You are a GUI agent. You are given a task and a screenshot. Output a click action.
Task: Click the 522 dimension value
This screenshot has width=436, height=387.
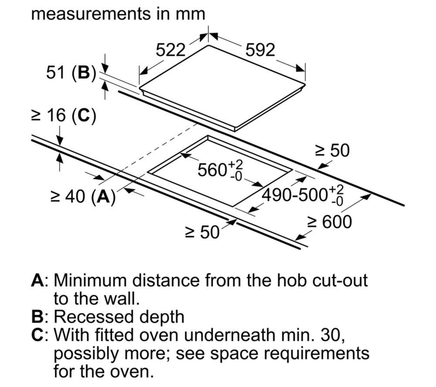170,50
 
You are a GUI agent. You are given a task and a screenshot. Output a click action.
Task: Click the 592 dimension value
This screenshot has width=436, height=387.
260,50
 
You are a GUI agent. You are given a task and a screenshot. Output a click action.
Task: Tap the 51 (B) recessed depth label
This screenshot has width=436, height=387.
71,73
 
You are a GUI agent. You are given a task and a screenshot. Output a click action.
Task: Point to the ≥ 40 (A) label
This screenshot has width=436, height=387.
83,197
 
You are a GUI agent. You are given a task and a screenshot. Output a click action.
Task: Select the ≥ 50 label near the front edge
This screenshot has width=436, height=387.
202,232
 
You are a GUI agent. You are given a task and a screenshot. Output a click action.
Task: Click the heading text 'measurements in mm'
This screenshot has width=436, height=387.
118,14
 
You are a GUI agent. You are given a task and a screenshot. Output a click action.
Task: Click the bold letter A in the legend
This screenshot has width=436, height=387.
37,280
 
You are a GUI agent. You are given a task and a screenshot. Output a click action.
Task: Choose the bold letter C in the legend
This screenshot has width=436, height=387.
37,335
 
